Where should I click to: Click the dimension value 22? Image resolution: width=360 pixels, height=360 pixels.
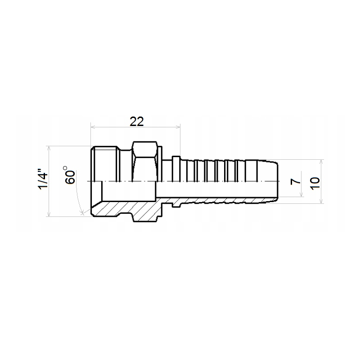137,121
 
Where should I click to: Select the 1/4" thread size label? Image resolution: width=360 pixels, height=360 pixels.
43,179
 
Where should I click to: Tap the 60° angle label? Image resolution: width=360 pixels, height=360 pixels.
70,175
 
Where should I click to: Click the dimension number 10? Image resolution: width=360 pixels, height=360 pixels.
315,183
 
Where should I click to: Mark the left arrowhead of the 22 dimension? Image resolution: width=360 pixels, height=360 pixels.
93,126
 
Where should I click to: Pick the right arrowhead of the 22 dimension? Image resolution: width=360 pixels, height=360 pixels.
178,126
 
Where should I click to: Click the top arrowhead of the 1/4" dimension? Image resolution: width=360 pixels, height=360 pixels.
49,148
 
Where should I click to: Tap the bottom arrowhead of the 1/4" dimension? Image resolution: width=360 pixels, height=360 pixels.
49,214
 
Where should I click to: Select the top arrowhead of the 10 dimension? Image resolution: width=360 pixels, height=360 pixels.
321,162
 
